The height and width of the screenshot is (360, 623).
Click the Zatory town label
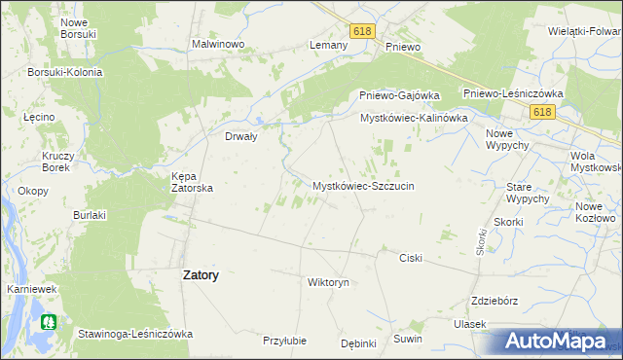point(201,275)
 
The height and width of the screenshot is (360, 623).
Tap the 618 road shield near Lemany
point(363,31)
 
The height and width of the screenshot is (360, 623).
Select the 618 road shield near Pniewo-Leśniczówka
point(542,113)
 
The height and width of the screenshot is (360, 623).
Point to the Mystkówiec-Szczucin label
point(363,185)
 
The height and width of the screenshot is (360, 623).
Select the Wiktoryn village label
point(327,282)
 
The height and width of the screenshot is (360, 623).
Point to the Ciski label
point(411,258)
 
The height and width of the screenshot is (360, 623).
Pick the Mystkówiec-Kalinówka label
point(414,118)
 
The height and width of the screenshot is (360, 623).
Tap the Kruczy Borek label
point(60,162)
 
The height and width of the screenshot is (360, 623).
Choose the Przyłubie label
point(285,341)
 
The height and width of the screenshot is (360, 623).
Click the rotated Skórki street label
point(481,242)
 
